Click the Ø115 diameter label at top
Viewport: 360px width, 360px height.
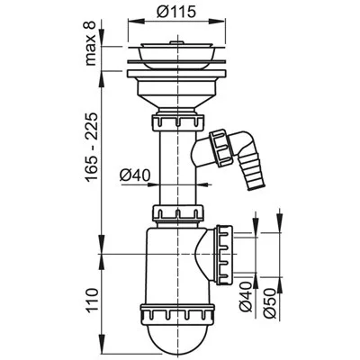click(x=176, y=12)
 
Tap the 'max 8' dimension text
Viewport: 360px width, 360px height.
click(x=90, y=43)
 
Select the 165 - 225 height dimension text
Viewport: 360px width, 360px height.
click(x=91, y=147)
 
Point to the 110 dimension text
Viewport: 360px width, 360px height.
click(x=91, y=301)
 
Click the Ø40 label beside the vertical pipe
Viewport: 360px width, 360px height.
click(x=134, y=175)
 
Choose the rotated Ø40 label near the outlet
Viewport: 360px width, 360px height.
click(x=247, y=297)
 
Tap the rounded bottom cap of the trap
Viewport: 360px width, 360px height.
click(x=177, y=336)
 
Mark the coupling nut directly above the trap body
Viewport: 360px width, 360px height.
click(x=178, y=213)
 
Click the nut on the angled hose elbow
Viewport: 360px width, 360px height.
click(x=221, y=148)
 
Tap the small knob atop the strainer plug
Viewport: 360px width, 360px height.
click(x=176, y=43)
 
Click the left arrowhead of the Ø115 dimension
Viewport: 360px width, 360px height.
click(x=133, y=21)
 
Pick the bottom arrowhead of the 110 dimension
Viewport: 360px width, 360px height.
click(x=102, y=339)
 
